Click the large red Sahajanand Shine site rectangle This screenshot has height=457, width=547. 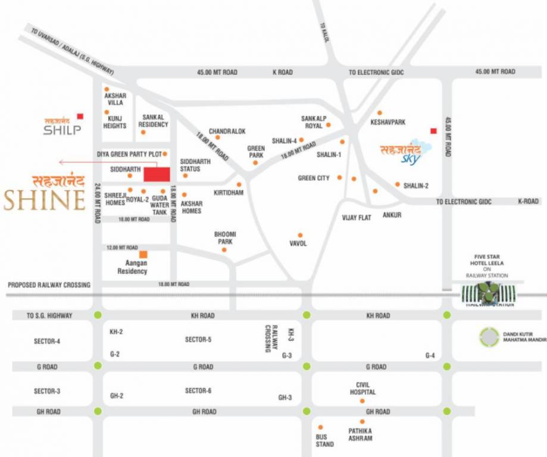pyautogui.click(x=157, y=174)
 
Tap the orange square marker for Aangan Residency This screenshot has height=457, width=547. pyautogui.click(x=143, y=255)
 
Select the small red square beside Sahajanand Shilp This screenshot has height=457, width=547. pyautogui.click(x=80, y=116)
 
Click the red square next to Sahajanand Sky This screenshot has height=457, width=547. pyautogui.click(x=433, y=131)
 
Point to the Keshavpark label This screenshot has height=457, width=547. pyautogui.click(x=387, y=122)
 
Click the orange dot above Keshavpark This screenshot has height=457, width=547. pyautogui.click(x=379, y=112)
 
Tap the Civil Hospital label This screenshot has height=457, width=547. pyautogui.click(x=362, y=389)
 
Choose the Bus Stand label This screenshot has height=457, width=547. pyautogui.click(x=325, y=440)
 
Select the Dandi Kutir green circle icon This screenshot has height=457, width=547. pyautogui.click(x=489, y=337)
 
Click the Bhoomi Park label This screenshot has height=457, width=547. pyautogui.click(x=224, y=238)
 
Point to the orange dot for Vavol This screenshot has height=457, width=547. pyautogui.click(x=300, y=235)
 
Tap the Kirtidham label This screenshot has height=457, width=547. pyautogui.click(x=229, y=193)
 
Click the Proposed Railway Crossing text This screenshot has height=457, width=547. pyautogui.click(x=49, y=285)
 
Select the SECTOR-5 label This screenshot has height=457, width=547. pyautogui.click(x=198, y=340)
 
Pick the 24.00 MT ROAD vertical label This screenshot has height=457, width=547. pyautogui.click(x=97, y=203)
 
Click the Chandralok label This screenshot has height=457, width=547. pyautogui.click(x=227, y=131)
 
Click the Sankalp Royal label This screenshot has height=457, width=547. pyautogui.click(x=311, y=122)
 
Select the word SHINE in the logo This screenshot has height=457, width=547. pyautogui.click(x=45, y=201)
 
